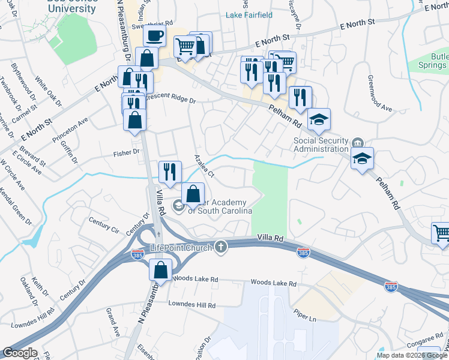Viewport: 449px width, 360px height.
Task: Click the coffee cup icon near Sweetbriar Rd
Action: click(x=154, y=35)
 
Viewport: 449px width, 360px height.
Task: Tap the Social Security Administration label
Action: click(x=321, y=145)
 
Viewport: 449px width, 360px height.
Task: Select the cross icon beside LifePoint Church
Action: click(x=221, y=247)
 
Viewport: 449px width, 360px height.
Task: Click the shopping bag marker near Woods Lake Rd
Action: click(x=160, y=270)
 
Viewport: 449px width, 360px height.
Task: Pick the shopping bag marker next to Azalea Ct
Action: click(x=193, y=194)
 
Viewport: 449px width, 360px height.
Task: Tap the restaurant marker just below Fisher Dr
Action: click(x=170, y=172)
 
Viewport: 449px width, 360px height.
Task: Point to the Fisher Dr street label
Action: click(x=127, y=153)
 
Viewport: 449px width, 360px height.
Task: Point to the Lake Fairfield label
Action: click(x=249, y=14)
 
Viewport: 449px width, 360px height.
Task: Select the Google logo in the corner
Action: click(x=19, y=353)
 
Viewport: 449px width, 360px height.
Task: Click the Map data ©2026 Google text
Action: click(x=412, y=355)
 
